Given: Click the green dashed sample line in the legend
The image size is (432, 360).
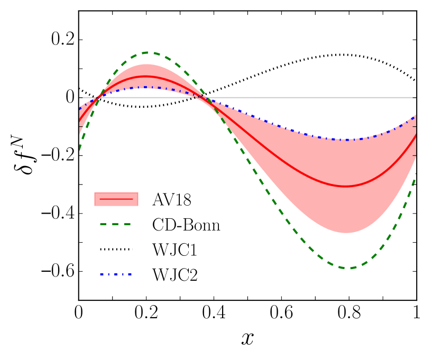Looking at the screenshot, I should (x=116, y=224).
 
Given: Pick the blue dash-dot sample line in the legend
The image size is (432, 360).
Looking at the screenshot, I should (x=116, y=274).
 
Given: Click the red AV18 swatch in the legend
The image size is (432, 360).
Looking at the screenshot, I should (x=116, y=199).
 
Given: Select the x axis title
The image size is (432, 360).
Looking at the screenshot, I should (x=247, y=338).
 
